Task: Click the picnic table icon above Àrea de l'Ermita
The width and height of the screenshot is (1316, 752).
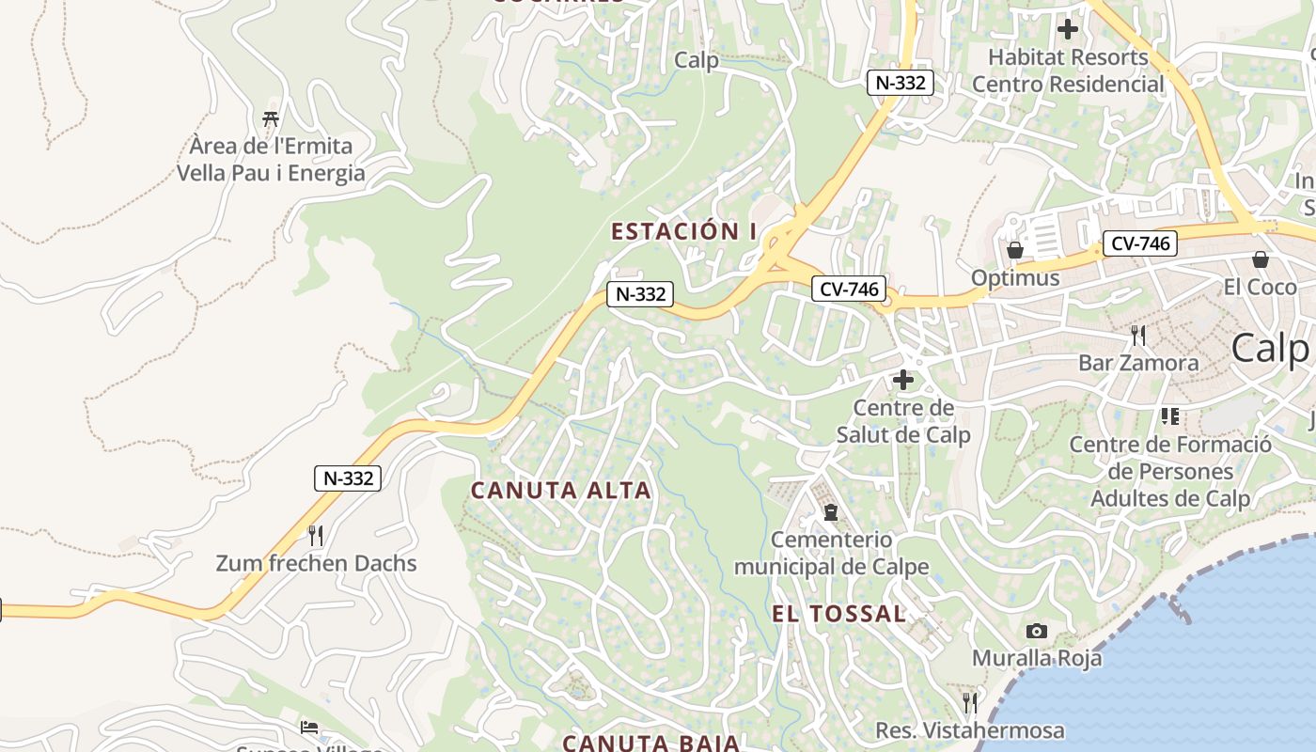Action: [271, 119]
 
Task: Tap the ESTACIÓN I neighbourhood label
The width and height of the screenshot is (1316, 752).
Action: [683, 231]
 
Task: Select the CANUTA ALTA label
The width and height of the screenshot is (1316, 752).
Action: [561, 490]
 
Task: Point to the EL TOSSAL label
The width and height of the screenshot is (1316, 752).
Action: [839, 614]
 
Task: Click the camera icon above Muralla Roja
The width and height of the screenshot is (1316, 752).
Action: [1037, 631]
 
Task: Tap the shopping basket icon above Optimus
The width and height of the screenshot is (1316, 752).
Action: [1014, 250]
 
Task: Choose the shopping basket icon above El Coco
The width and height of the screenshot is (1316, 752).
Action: [1260, 258]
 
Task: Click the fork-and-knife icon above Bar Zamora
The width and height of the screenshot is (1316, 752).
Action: [1137, 335]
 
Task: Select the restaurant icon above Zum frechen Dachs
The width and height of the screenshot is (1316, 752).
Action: [316, 536]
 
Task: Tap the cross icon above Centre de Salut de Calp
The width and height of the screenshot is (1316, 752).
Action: [902, 380]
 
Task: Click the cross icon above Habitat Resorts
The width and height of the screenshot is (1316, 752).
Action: [1067, 29]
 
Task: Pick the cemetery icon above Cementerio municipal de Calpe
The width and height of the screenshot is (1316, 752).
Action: [830, 512]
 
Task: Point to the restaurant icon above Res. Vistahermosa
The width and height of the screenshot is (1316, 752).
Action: [969, 702]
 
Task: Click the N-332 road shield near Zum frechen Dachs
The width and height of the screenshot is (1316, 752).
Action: [349, 478]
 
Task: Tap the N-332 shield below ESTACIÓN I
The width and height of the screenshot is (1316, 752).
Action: [641, 294]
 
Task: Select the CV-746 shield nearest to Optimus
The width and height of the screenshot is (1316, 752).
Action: [1139, 243]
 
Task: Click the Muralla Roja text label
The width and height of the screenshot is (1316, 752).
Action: [1037, 658]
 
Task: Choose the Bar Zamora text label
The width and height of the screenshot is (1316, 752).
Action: [1138, 363]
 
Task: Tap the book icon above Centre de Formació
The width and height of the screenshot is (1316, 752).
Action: [1169, 415]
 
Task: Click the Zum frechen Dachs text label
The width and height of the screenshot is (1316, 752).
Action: [316, 564]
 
